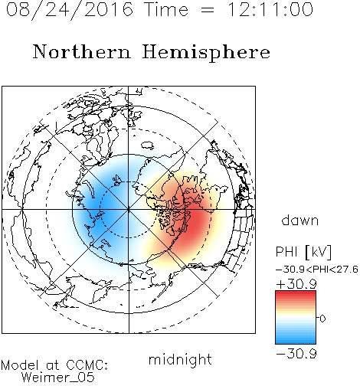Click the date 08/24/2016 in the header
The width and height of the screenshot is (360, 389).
[x=70, y=10]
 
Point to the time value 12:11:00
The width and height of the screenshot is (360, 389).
[x=270, y=10]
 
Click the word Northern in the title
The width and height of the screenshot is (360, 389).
[x=82, y=51]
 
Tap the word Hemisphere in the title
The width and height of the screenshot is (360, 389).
[x=206, y=53]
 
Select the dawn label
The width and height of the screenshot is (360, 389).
[x=300, y=220]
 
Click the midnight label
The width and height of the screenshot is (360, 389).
[x=180, y=360]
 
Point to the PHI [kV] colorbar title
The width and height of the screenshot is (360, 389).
[x=303, y=252]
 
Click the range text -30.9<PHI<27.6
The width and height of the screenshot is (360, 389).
[x=317, y=270]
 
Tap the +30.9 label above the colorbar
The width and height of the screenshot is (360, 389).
[x=296, y=284]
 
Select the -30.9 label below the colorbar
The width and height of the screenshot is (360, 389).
[x=296, y=354]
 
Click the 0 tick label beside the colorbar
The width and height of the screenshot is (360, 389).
[x=322, y=319]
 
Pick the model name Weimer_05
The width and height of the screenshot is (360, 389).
[x=58, y=378]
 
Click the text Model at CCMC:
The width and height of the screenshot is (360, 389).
[x=54, y=365]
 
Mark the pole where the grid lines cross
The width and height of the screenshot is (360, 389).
[x=129, y=210]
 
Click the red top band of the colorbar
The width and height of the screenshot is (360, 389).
[x=296, y=293]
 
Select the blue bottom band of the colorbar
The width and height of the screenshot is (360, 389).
[x=296, y=342]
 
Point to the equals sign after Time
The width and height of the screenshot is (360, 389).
[x=208, y=10]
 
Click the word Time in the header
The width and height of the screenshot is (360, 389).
[x=166, y=10]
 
